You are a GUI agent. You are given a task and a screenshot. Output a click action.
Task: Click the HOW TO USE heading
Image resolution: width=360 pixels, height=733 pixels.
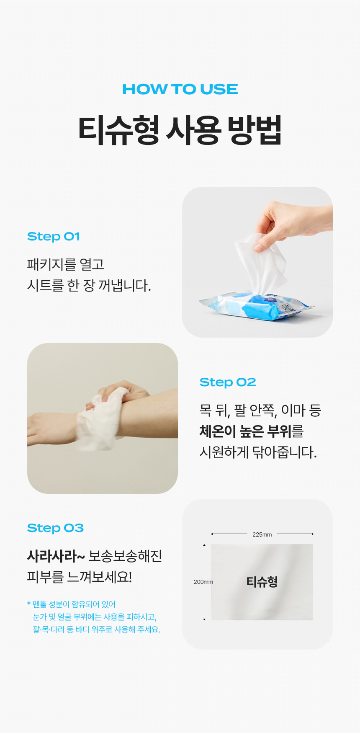point(180,89)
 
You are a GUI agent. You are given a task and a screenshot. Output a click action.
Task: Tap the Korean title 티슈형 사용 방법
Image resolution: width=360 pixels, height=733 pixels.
point(180,130)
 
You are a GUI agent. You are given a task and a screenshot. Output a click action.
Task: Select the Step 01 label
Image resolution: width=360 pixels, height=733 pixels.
point(54,237)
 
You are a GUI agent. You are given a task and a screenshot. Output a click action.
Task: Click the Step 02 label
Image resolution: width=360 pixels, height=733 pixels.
point(228,382)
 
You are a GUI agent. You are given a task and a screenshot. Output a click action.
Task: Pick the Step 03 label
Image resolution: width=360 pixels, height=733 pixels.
point(55,528)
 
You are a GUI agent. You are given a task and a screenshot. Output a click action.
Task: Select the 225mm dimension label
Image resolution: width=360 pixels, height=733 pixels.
point(262,534)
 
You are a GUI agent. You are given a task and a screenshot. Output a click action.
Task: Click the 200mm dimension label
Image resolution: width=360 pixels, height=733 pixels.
point(203,582)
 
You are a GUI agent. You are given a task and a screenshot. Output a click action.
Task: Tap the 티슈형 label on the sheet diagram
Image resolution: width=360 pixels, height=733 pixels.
point(262,582)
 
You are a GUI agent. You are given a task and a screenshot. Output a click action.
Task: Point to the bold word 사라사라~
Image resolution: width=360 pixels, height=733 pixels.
point(56,556)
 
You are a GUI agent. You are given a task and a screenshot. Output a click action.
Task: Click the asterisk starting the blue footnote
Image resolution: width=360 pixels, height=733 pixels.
point(29,604)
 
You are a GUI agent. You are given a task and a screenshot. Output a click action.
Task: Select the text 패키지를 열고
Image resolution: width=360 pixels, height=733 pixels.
point(66,264)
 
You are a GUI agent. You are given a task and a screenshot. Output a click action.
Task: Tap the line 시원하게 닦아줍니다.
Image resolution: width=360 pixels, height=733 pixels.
point(258,452)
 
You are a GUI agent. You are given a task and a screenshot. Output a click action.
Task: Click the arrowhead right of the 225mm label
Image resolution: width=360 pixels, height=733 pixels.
point(312,534)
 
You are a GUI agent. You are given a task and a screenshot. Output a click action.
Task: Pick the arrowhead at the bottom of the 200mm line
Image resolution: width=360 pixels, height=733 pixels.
point(204,619)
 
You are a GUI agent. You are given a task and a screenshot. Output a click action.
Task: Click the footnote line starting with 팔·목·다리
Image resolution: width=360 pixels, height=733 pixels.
point(97,630)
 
